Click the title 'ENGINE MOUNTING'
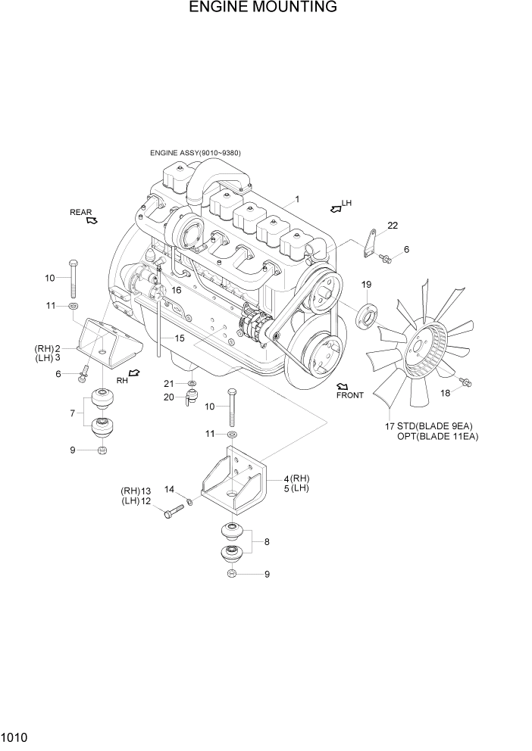[x=263, y=8]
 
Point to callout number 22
[x=392, y=225]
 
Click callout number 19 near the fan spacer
[x=366, y=285]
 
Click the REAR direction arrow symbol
[x=92, y=220]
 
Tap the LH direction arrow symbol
[x=334, y=206]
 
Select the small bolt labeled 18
[x=465, y=382]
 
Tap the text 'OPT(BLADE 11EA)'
[x=437, y=437]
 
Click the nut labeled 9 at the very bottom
[x=231, y=575]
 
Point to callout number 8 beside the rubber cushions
[x=266, y=542]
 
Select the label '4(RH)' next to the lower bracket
[x=296, y=478]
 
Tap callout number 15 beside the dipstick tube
[x=180, y=338]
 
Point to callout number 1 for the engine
[x=298, y=199]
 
